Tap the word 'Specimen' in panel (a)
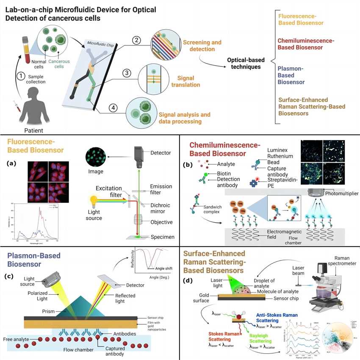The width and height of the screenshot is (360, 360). [x=163, y=237]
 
